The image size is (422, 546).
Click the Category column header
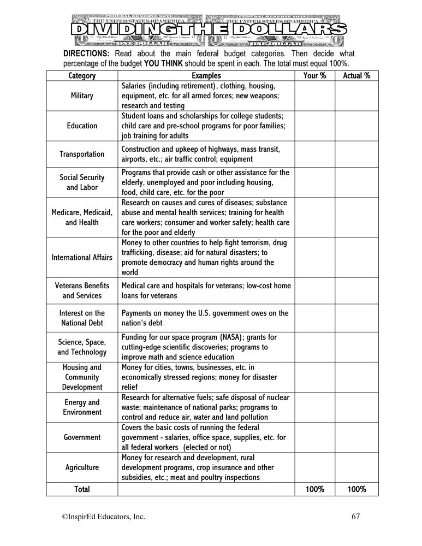(x=82, y=76)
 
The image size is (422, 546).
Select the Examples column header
(x=206, y=76)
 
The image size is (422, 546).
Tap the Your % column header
(x=314, y=76)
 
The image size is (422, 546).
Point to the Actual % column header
(x=356, y=76)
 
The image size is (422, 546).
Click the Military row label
(x=82, y=96)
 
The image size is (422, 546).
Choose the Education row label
(x=82, y=126)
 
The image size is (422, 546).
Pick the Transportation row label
(x=82, y=154)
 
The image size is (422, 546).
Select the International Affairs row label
(x=82, y=257)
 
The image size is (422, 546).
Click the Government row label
(x=82, y=437)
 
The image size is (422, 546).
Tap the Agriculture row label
(x=82, y=467)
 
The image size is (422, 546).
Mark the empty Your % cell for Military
(x=314, y=96)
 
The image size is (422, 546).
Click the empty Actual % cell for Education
(x=356, y=126)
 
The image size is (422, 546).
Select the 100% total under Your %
(x=314, y=489)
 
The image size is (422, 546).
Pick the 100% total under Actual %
(x=356, y=489)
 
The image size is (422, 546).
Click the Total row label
(x=82, y=489)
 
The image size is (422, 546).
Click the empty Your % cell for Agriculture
(x=314, y=467)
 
